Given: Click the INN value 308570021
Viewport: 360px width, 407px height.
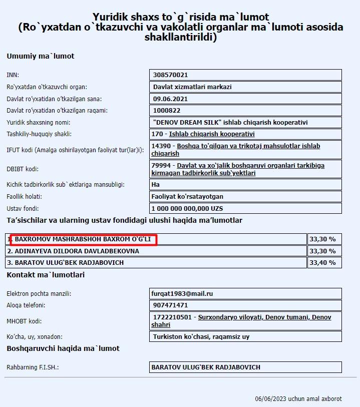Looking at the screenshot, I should tap(170, 75).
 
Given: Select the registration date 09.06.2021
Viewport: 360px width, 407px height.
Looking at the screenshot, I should tap(167, 99).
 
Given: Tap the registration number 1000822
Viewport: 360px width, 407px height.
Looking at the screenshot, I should tap(166, 111).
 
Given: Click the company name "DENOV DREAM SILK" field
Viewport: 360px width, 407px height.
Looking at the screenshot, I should tap(230, 122).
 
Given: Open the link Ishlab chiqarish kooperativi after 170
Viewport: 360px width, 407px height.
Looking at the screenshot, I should tap(212, 134).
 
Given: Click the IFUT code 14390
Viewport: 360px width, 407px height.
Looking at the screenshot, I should tap(161, 146).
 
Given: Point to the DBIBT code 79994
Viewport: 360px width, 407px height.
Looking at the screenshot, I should tap(161, 166).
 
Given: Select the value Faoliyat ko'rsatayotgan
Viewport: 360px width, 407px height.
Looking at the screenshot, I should tap(187, 196).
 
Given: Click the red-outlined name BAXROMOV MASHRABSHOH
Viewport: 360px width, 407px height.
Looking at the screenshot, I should tap(83, 239).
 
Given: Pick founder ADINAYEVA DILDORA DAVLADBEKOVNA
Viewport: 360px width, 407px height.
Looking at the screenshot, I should tap(73, 251).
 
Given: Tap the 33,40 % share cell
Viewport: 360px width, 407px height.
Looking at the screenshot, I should tap(322, 262).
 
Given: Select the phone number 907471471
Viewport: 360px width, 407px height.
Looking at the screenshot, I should tap(171, 305).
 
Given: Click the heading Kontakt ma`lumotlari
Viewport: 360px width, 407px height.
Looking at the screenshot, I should tap(46, 275).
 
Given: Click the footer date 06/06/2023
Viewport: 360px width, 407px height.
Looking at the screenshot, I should tap(270, 399).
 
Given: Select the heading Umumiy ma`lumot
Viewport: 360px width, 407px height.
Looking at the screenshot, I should tap(40, 56).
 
